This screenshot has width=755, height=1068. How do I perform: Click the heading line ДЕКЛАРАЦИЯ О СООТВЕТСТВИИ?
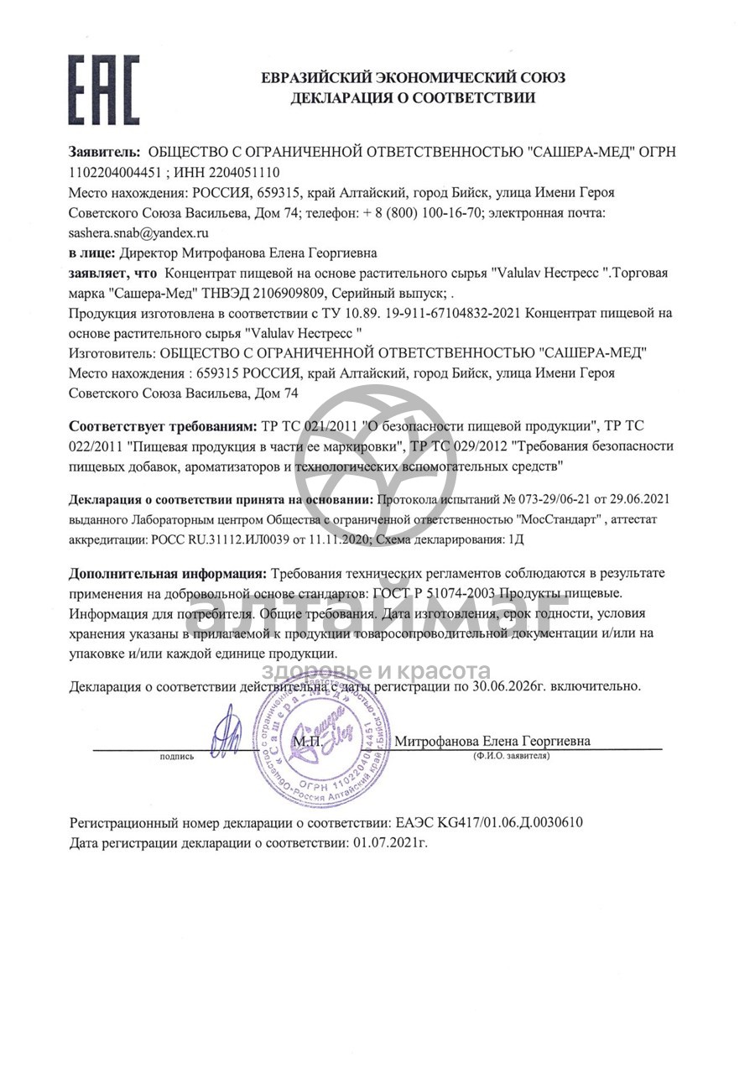click(x=412, y=98)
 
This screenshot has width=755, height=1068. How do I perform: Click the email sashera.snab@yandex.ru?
click(x=138, y=232)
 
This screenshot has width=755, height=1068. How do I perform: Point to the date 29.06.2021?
click(x=641, y=499)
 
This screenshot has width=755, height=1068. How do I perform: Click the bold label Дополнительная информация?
click(x=168, y=573)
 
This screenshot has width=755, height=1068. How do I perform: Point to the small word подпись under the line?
click(x=176, y=757)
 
